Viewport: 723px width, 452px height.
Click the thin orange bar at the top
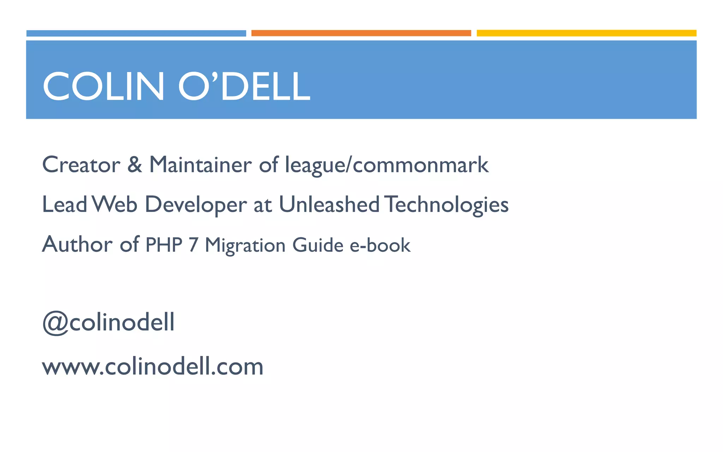(x=361, y=33)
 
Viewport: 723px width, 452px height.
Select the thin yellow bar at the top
(x=586, y=33)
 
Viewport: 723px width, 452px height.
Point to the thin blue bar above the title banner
(x=136, y=33)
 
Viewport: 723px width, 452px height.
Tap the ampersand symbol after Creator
(x=135, y=165)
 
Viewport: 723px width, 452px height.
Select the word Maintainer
(x=200, y=165)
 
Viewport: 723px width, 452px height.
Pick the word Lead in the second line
(x=65, y=204)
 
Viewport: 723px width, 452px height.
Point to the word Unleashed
(x=329, y=204)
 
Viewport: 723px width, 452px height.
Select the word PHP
(x=164, y=245)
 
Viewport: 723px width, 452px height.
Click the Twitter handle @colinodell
(x=108, y=322)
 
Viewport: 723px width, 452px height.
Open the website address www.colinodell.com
(x=153, y=367)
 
